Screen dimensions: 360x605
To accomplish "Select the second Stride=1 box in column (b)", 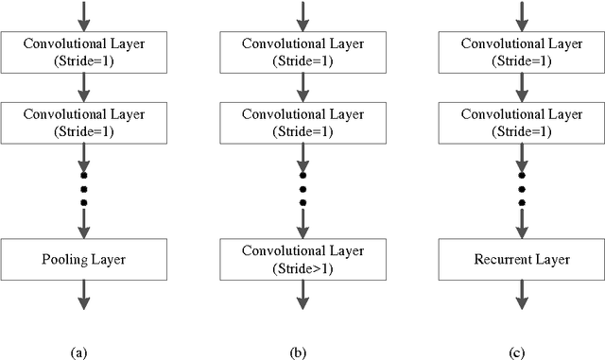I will [302, 123].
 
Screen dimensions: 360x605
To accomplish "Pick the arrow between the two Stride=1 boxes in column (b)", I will [302, 87].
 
